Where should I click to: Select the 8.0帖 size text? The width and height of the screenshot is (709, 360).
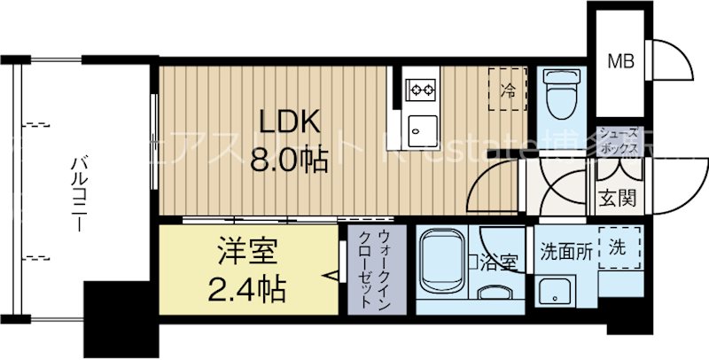pos(289,160)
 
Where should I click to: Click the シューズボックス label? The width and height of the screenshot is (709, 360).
pos(617,143)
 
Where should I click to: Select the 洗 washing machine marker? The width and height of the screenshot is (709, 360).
pos(618,248)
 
